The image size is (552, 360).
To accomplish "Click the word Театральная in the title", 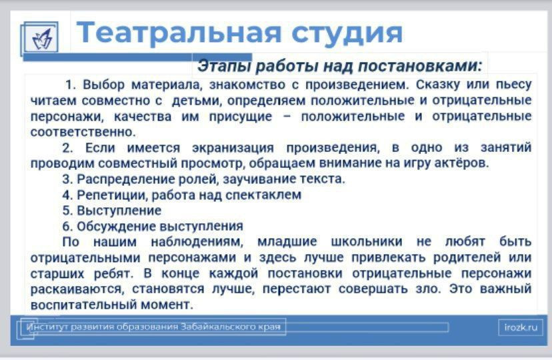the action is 179,33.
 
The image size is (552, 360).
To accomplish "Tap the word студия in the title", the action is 347,34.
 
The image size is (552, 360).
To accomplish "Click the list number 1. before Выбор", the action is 71,85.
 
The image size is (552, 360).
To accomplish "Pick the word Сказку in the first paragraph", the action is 438,85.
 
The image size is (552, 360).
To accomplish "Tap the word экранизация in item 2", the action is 233,147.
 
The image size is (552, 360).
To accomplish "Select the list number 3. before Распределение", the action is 67,179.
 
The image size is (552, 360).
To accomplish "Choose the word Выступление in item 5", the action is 119,211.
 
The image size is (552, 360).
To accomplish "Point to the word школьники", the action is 367,242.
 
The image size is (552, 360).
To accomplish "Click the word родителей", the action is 467,257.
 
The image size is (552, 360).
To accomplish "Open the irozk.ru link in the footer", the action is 521,327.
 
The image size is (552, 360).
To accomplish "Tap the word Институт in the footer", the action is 47,327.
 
